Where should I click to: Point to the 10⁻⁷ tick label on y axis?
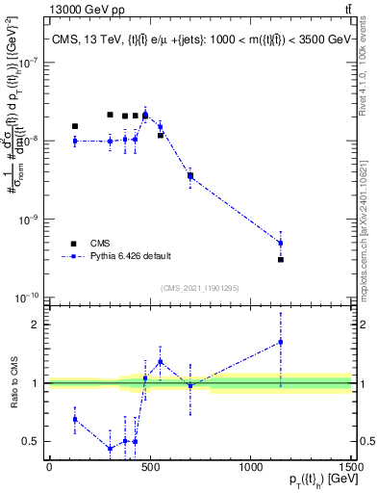27,63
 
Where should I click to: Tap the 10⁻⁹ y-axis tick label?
27,220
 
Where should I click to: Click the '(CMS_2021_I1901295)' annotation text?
199,288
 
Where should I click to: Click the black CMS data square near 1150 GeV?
281,260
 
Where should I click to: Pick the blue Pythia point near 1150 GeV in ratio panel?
281,342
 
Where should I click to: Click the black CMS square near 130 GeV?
75,126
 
